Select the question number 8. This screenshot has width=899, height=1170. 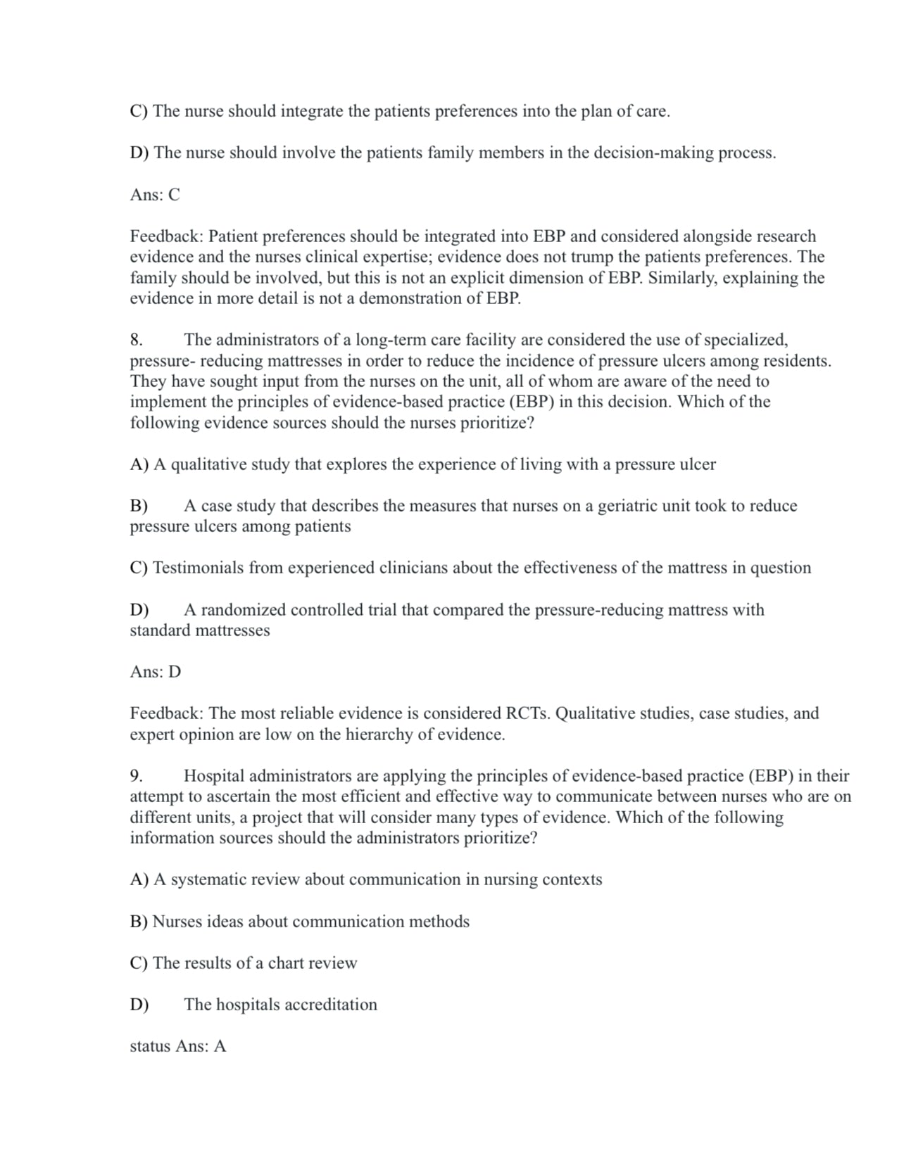(x=137, y=340)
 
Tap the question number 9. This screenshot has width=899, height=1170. (x=137, y=776)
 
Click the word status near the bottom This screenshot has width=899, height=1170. (x=150, y=1046)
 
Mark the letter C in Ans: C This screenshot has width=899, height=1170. (x=174, y=195)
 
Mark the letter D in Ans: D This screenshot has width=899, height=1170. (x=175, y=672)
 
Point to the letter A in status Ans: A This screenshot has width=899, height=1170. (x=220, y=1046)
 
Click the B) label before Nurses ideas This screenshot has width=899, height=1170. (x=139, y=922)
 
